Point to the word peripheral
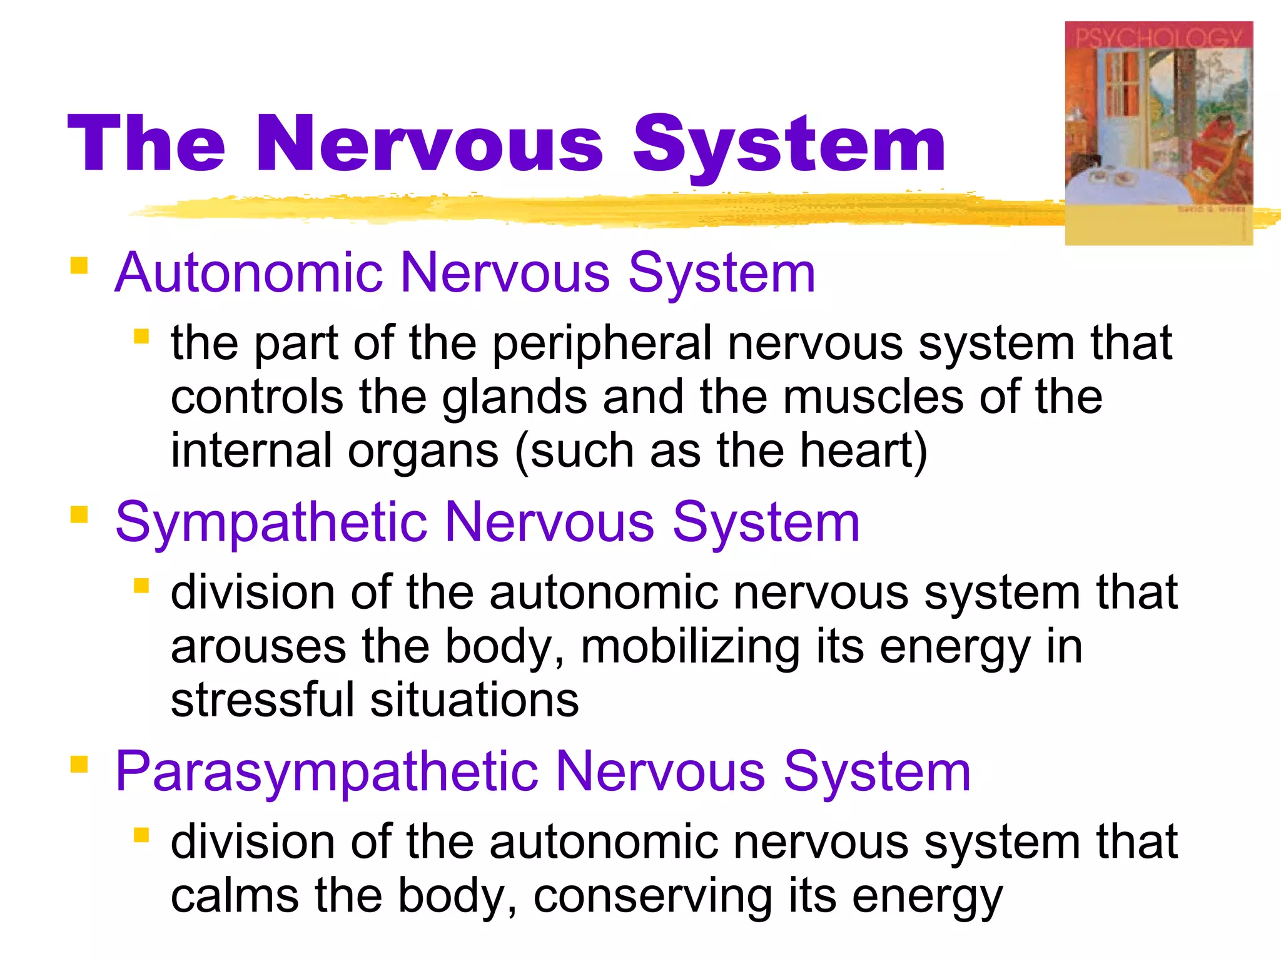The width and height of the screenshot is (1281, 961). click(602, 344)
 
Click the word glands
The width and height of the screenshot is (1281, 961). click(515, 399)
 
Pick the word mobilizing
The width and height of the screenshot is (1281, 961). click(690, 648)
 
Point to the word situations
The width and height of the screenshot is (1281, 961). click(474, 699)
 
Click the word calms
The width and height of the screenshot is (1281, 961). click(234, 895)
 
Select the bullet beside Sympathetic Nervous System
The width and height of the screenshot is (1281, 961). click(79, 514)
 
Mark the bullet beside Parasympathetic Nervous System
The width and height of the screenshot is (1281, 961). click(79, 764)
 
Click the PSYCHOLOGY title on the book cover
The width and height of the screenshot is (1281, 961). click(1158, 38)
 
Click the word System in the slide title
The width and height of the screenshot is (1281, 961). click(789, 145)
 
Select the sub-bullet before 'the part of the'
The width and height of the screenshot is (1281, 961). click(141, 337)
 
